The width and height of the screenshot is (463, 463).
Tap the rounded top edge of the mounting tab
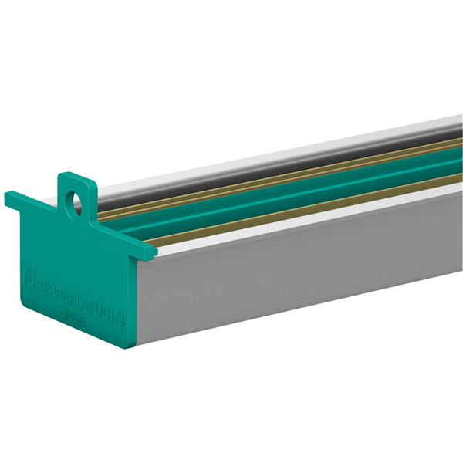tap(78, 177)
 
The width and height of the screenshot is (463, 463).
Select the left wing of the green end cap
tap(23, 201)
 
